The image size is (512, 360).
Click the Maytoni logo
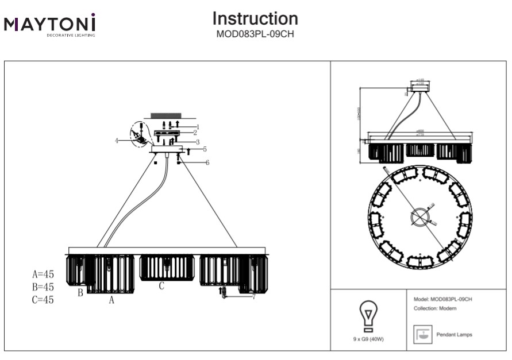(49, 25)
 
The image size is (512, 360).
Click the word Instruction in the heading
(255, 18)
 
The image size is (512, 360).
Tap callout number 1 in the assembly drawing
(197, 126)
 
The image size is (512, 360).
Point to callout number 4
(116, 140)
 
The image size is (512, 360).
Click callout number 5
(205, 149)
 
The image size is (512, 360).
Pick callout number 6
(207, 163)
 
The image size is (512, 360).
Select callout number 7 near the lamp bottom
(253, 296)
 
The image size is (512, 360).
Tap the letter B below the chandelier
(81, 293)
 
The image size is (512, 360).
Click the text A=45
(43, 274)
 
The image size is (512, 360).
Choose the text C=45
(43, 299)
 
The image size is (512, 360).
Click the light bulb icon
(368, 315)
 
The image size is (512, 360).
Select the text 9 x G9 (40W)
(368, 339)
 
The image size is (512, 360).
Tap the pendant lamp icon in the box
(422, 334)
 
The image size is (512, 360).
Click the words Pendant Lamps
(455, 335)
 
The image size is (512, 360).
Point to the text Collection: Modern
(435, 309)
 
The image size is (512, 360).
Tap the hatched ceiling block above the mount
(165, 116)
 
